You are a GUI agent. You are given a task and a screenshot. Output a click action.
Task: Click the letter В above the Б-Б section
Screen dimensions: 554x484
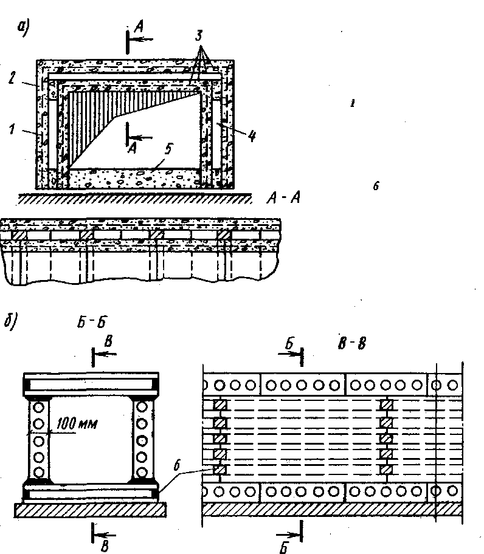(x=108, y=343)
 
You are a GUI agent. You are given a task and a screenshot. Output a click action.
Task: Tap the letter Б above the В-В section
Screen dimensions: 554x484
(x=291, y=344)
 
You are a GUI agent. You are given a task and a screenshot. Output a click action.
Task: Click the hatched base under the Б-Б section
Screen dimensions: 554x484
(x=91, y=510)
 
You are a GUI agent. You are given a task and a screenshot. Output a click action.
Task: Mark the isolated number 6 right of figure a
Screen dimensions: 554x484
(x=376, y=187)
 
